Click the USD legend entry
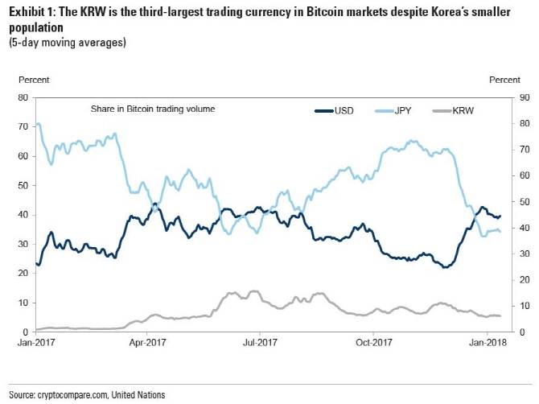(x=334, y=111)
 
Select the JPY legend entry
(x=393, y=111)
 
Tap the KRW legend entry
(x=453, y=111)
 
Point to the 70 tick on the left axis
(x=23, y=126)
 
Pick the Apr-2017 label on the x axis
(x=147, y=343)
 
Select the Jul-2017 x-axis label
(x=260, y=343)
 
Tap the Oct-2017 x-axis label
(x=373, y=343)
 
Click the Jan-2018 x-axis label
(x=488, y=343)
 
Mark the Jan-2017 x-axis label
(x=36, y=343)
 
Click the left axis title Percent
(x=34, y=80)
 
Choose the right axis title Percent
(x=504, y=80)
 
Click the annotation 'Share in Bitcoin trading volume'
(x=153, y=109)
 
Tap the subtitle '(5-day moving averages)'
(x=68, y=43)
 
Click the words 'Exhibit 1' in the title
(x=31, y=12)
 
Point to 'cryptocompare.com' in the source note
(x=73, y=394)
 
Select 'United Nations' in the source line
(x=138, y=394)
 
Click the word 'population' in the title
(x=36, y=27)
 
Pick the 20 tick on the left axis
(x=23, y=274)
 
